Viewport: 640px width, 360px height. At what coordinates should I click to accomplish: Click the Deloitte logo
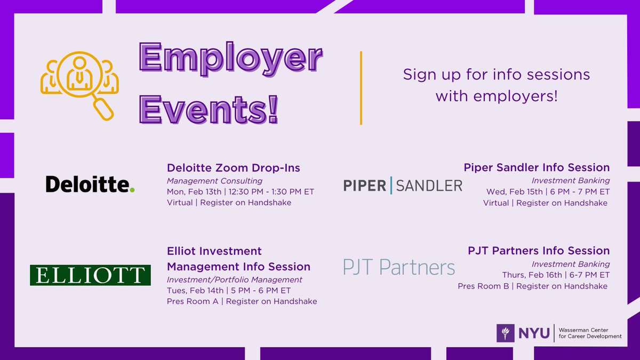tap(90, 185)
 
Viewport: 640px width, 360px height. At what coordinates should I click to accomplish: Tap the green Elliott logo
tap(90, 275)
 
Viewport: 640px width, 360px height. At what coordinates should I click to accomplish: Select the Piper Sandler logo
tap(403, 185)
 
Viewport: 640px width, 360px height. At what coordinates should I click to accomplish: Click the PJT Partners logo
tap(399, 266)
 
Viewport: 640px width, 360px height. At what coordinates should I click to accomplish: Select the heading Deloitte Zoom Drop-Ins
tap(234, 168)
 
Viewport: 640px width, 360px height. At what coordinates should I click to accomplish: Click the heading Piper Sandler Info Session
tap(537, 168)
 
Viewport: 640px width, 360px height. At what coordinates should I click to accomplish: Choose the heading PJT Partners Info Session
tap(539, 251)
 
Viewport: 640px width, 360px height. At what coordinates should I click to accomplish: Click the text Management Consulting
tap(214, 181)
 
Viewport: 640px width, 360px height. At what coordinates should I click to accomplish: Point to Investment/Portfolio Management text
tap(235, 280)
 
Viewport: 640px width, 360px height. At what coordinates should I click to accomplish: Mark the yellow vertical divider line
tap(361, 88)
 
